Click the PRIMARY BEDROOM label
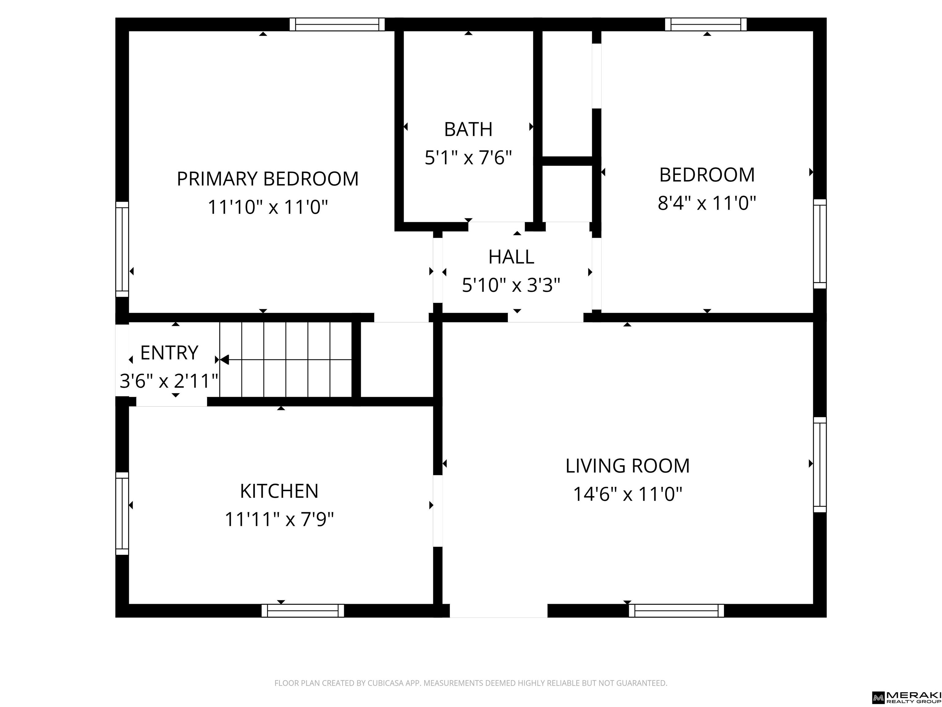267,179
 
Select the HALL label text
511,257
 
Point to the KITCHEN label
279,491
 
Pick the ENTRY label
170,353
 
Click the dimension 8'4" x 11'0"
707,203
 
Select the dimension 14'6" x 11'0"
628,495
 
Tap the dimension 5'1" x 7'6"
468,158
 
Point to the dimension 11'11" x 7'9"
279,520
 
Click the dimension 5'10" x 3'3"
511,285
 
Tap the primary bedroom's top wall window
337,24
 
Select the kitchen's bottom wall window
303,611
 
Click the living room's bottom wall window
676,611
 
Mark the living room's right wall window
820,465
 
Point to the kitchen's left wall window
122,513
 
